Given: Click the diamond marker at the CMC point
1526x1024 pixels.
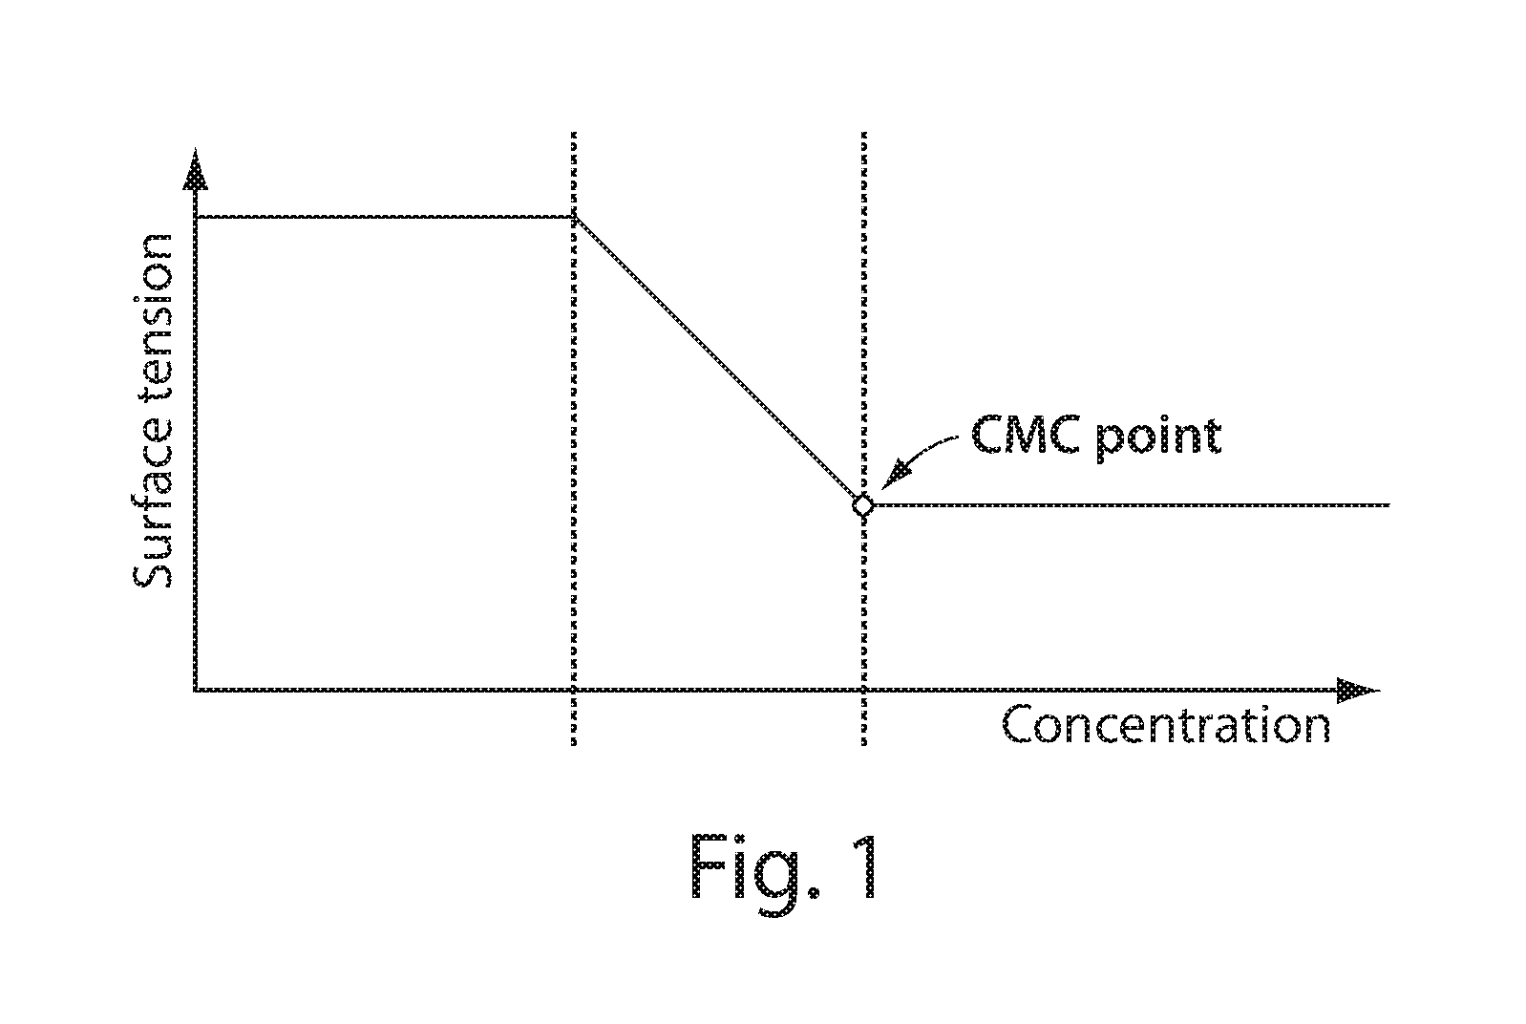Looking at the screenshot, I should (862, 505).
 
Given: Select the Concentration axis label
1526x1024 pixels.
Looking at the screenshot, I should (1165, 726).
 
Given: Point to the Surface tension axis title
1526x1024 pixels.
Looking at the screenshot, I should (153, 411).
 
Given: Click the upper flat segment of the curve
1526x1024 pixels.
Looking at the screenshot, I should (382, 218).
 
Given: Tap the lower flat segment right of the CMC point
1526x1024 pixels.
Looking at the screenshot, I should (1127, 504).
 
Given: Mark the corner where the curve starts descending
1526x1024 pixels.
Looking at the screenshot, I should (573, 218).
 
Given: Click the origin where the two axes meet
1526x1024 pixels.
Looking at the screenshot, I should (195, 689).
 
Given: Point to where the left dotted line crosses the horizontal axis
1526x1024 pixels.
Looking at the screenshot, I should (573, 689).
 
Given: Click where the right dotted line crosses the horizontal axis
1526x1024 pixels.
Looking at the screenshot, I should (863, 689).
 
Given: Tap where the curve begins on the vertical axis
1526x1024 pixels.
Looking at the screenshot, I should (195, 218).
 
